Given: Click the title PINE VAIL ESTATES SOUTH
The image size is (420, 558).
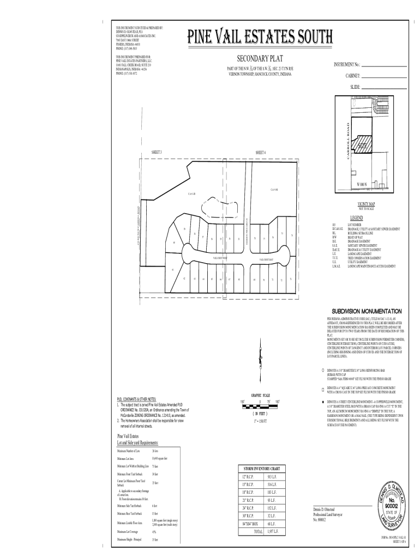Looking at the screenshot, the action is [260, 37].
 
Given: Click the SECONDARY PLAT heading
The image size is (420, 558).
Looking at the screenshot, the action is [260, 58].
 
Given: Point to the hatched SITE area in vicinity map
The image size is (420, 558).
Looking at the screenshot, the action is [362, 145].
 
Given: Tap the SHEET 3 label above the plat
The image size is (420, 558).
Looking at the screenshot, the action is [157, 151].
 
